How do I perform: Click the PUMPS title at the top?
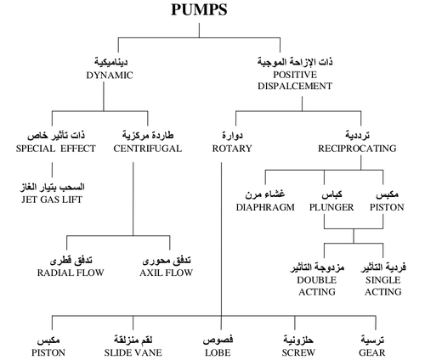(199, 9)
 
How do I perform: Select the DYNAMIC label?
(110, 76)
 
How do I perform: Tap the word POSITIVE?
(295, 75)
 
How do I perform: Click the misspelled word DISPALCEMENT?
(295, 86)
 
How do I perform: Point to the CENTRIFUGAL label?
(148, 149)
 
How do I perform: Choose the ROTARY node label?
(232, 149)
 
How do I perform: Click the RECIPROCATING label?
(357, 149)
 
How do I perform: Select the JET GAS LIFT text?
(52, 200)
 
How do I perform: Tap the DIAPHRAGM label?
(265, 207)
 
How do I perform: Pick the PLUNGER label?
(331, 207)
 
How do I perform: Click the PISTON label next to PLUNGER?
(387, 207)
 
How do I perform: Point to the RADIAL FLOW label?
(71, 273)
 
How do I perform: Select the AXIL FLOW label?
(166, 273)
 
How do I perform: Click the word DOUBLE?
(317, 280)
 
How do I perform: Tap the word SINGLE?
(382, 280)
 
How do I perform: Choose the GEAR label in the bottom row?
(371, 352)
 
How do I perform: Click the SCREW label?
(298, 352)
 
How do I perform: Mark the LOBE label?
(218, 352)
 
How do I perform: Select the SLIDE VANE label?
(133, 352)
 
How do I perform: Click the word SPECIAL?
(36, 149)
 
